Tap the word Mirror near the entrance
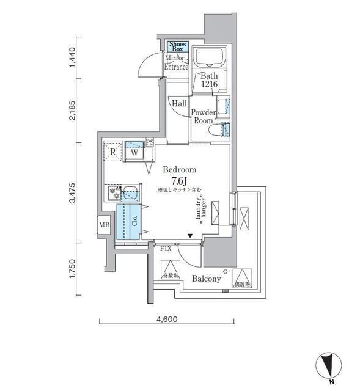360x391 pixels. point(175,58)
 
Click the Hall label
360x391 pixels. point(179,104)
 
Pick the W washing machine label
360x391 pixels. point(134,153)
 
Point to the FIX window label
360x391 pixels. point(165,249)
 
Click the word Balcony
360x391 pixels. point(206,279)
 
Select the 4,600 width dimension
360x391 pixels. point(166,319)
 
